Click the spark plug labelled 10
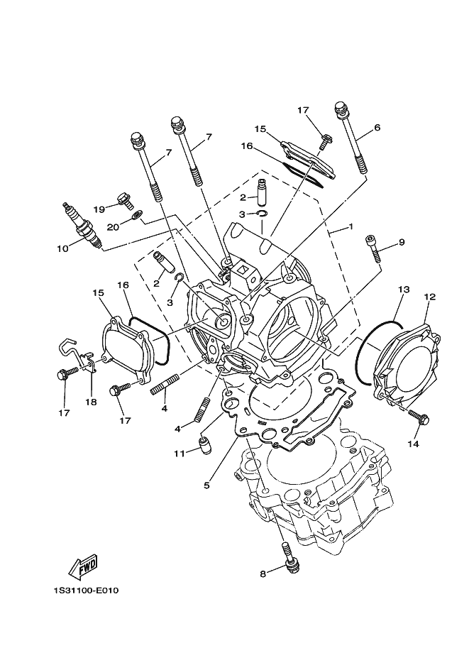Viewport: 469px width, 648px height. [82, 226]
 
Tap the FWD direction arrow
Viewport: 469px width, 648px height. [82, 566]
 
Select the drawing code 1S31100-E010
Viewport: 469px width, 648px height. [85, 590]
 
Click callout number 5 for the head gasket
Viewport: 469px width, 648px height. [206, 485]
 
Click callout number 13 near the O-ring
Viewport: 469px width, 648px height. [404, 290]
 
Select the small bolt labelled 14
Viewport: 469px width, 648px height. [419, 417]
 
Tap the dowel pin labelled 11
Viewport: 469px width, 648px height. [204, 446]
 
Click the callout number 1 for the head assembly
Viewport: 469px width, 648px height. [351, 226]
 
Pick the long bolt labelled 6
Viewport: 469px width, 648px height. [351, 138]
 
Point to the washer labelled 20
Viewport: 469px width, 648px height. [137, 215]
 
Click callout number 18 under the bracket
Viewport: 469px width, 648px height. [91, 402]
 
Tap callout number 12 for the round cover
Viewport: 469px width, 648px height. [430, 297]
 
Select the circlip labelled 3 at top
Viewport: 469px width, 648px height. [263, 213]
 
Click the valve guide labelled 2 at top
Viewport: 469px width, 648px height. [262, 192]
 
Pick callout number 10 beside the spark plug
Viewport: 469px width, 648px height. [62, 248]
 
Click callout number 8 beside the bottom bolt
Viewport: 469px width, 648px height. [263, 573]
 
